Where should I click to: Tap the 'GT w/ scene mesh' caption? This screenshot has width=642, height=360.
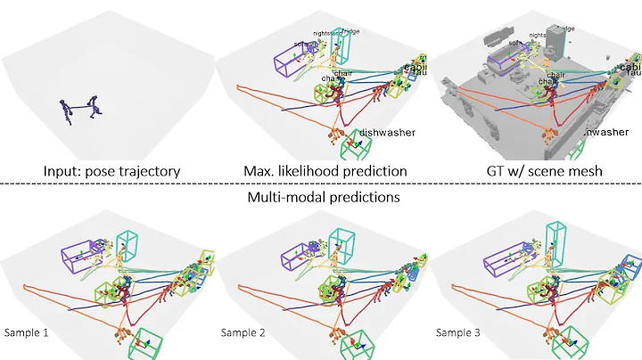(535, 169)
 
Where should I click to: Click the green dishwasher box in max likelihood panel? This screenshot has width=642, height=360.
(358, 143)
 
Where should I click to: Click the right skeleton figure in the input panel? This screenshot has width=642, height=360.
(96, 108)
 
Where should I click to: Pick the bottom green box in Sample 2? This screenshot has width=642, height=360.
(357, 343)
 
